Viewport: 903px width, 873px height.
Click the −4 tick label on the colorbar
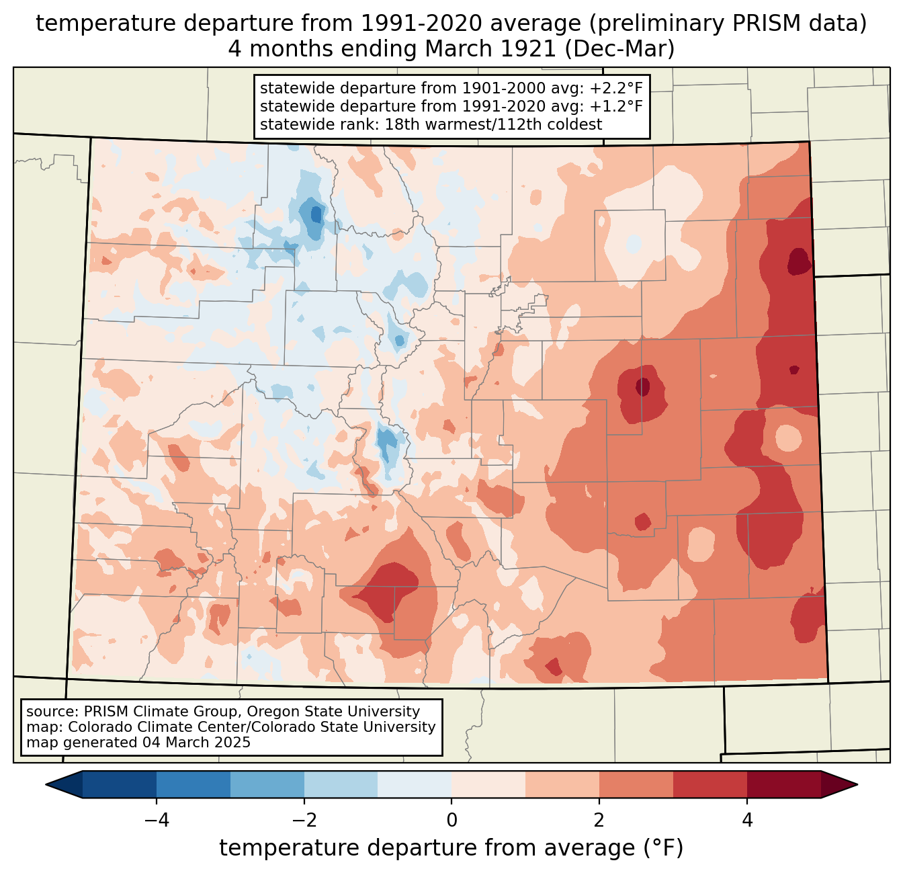pyautogui.click(x=156, y=820)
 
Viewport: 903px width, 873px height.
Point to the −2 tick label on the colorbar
pyautogui.click(x=304, y=820)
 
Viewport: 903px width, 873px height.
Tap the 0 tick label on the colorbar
pyautogui.click(x=451, y=820)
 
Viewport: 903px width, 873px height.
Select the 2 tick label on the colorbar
pyautogui.click(x=599, y=820)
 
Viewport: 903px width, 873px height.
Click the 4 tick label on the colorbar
pyautogui.click(x=747, y=820)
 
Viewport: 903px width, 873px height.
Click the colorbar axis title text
pyautogui.click(x=451, y=848)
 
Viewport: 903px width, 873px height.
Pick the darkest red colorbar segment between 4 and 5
pyautogui.click(x=783, y=784)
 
